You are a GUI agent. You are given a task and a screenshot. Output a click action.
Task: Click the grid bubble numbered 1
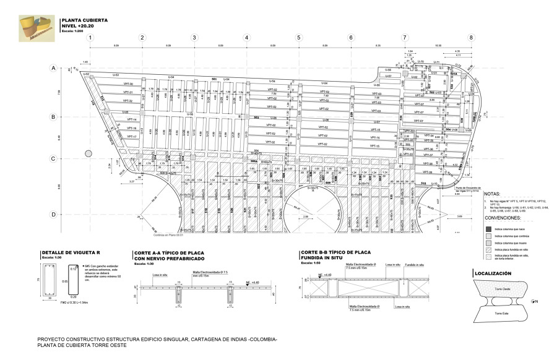click(x=90, y=38)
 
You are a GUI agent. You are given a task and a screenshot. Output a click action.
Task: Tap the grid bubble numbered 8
click(x=471, y=38)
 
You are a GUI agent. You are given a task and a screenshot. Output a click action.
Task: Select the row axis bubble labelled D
click(x=53, y=215)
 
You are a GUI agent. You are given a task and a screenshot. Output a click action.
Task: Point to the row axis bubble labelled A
click(x=53, y=68)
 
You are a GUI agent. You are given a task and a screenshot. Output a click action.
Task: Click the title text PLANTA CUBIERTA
click(x=84, y=20)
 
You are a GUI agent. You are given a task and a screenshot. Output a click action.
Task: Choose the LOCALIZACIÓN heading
click(x=495, y=273)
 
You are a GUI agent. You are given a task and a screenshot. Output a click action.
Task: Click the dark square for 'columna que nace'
click(x=487, y=229)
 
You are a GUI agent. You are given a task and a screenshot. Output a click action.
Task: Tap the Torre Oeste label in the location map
click(x=502, y=289)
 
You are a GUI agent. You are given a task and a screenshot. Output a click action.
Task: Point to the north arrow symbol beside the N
click(x=532, y=301)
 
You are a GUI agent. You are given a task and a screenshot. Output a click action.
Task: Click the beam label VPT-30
click(x=128, y=84)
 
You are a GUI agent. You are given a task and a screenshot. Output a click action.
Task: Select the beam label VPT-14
click(x=131, y=119)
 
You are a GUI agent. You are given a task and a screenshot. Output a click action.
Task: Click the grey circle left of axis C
click(x=89, y=152)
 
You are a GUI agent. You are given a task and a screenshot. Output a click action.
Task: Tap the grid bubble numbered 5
click(x=299, y=38)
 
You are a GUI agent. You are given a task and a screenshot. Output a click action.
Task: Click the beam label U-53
click(x=115, y=75)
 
